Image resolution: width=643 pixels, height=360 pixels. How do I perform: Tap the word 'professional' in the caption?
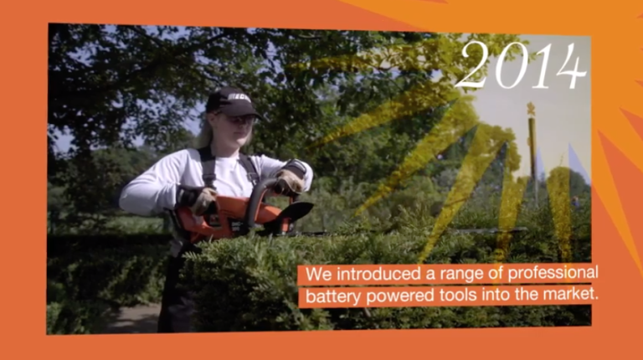tap(553, 274)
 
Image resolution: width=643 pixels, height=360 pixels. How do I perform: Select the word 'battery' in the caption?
tap(332, 296)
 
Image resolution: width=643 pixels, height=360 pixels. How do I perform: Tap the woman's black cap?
tap(231, 101)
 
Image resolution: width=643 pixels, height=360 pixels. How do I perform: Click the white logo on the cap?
tap(239, 98)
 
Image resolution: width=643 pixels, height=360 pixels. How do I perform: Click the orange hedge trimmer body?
tap(229, 219)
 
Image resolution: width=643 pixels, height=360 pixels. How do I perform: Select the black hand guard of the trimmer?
tap(295, 211)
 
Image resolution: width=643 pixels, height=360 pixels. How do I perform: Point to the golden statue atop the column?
tap(531, 109)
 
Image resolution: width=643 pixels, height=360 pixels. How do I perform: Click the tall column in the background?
tap(532, 160)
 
